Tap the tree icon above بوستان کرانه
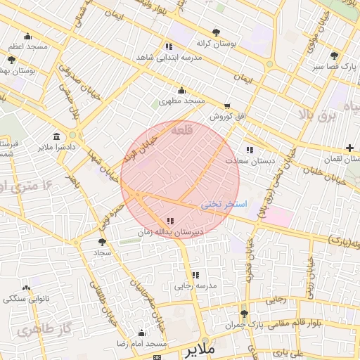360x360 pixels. tap(216, 32)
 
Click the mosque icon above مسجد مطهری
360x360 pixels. tap(182, 90)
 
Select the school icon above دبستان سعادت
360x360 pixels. tap(249, 150)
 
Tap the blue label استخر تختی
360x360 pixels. tap(224, 204)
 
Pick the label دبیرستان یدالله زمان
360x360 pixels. tap(170, 231)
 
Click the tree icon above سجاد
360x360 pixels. tap(103, 241)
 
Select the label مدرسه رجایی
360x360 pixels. tap(196, 286)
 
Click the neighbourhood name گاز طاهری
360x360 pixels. tap(46, 329)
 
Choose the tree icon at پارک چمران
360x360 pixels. tap(244, 314)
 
